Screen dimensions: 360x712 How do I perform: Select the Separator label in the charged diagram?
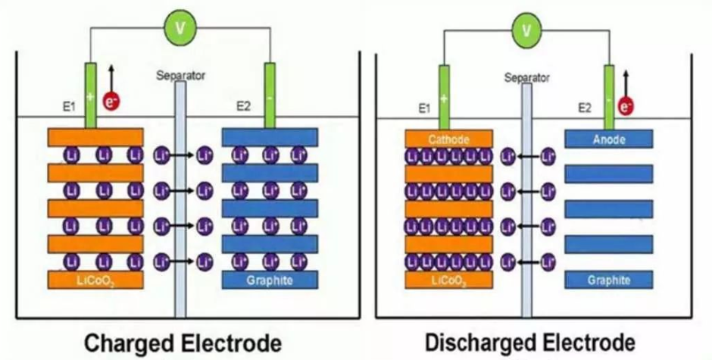pyautogui.click(x=180, y=75)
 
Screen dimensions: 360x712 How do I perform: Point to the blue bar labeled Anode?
pyautogui.click(x=609, y=139)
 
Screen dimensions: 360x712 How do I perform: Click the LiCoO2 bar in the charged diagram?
pyautogui.click(x=95, y=280)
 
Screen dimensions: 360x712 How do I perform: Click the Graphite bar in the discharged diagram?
pyautogui.click(x=609, y=280)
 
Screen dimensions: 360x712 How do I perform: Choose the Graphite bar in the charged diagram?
pyautogui.click(x=269, y=280)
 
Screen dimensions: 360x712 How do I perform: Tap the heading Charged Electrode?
pyautogui.click(x=183, y=342)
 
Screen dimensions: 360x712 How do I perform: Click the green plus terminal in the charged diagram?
pyautogui.click(x=91, y=96)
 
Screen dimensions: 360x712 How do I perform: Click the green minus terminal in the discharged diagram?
pyautogui.click(x=608, y=97)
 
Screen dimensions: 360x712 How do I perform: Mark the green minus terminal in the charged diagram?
pyautogui.click(x=269, y=96)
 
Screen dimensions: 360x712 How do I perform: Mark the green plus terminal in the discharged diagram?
pyautogui.click(x=444, y=97)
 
